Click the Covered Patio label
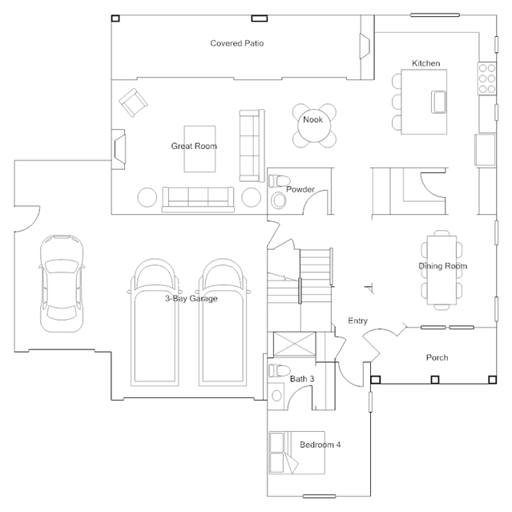(236, 43)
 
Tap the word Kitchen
(425, 63)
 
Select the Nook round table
(314, 126)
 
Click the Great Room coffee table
(200, 149)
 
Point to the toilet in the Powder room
(280, 180)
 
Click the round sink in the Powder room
(279, 201)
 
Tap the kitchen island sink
(438, 102)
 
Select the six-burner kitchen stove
(487, 79)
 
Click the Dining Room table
(441, 270)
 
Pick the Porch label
(437, 357)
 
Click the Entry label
(357, 321)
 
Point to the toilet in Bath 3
(280, 370)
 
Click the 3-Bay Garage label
(191, 298)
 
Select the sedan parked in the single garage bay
(62, 284)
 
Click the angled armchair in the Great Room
(133, 103)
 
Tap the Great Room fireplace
(119, 149)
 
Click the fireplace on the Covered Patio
(365, 46)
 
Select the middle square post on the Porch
(435, 380)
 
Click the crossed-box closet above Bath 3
(295, 344)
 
